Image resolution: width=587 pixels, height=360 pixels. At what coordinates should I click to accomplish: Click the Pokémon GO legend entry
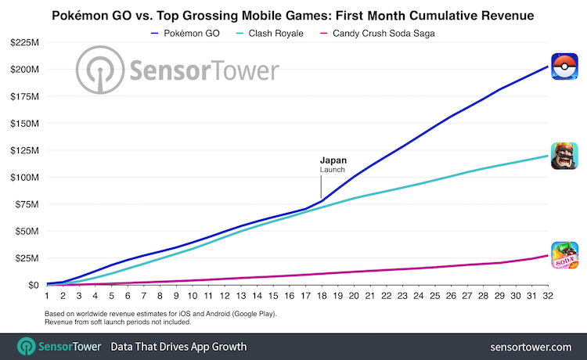(x=185, y=34)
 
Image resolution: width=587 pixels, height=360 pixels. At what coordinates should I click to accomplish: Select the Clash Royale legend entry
(x=269, y=34)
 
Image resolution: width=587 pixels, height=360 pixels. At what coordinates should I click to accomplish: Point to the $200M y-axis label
(x=25, y=69)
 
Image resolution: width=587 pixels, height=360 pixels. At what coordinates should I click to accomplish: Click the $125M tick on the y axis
(x=25, y=150)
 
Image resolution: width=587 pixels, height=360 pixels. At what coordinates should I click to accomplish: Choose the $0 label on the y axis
(x=34, y=285)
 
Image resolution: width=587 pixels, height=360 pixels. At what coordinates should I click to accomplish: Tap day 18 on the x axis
(x=322, y=296)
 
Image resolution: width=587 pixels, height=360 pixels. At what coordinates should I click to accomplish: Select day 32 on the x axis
(x=548, y=296)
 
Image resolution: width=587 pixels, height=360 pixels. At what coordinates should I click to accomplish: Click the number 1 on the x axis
(x=47, y=296)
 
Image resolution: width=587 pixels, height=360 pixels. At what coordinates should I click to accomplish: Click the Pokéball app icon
(x=564, y=67)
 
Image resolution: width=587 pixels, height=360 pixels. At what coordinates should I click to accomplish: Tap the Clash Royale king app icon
(x=564, y=156)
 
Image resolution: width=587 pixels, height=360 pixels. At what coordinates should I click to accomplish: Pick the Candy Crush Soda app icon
(x=564, y=255)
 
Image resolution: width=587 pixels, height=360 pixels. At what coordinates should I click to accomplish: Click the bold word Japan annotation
(x=333, y=160)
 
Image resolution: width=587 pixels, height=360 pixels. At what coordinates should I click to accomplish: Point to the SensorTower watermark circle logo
(x=100, y=70)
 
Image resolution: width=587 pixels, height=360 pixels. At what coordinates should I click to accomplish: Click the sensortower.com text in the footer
(x=531, y=347)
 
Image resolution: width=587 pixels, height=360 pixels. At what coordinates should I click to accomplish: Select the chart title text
(x=293, y=16)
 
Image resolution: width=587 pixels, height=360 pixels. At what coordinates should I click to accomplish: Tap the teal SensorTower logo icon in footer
(x=26, y=346)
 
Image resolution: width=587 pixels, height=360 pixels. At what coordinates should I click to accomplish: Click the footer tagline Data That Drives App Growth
(x=178, y=347)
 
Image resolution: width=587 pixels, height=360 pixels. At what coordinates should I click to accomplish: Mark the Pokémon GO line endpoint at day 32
(x=548, y=67)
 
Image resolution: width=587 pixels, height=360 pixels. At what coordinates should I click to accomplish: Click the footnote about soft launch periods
(x=118, y=322)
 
